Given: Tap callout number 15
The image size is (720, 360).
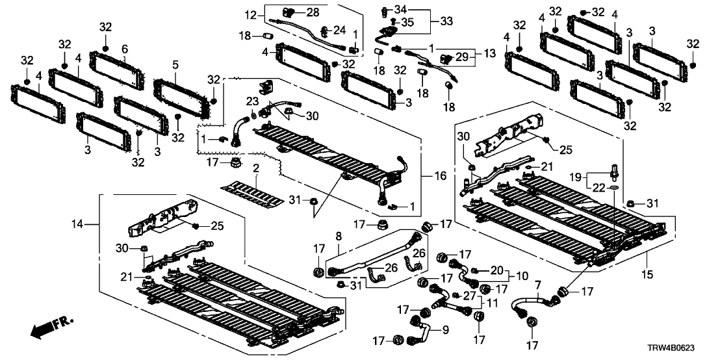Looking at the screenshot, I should coord(650,266).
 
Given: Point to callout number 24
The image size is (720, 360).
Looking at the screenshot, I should coord(340,30).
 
